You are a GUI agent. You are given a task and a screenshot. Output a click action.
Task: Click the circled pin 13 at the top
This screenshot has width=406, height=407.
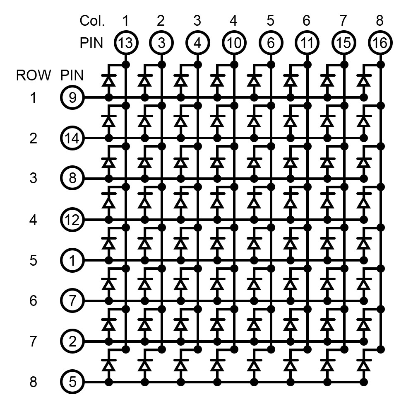[125, 43]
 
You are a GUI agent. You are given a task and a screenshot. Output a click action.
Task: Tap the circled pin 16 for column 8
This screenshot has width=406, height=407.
[380, 43]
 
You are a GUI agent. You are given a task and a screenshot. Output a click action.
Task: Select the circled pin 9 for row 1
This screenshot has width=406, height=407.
[72, 98]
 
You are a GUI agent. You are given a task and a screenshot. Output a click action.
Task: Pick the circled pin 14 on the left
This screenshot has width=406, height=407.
[72, 138]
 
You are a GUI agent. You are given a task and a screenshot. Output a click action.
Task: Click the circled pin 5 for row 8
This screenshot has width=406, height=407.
[72, 382]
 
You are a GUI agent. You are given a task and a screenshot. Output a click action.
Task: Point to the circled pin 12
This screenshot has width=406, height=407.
[72, 219]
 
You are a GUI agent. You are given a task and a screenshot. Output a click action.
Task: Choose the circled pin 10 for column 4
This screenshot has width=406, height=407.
[234, 43]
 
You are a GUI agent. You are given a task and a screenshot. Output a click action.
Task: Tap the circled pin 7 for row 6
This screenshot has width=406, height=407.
[72, 300]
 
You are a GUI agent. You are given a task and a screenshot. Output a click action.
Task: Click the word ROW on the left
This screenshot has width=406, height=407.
[34, 75]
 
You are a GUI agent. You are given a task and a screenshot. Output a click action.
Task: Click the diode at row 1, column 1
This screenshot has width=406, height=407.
[109, 80]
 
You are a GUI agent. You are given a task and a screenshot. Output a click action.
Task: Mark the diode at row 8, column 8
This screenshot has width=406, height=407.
[364, 365]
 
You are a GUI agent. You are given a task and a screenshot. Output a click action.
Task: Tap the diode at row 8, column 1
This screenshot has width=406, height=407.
[109, 365]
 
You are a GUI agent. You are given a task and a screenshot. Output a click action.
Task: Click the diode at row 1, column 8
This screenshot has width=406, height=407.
[364, 80]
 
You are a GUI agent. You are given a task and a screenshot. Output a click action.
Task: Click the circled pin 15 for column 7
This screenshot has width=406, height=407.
[343, 43]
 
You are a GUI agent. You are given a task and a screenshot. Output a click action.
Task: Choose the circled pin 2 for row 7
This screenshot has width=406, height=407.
[72, 342]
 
